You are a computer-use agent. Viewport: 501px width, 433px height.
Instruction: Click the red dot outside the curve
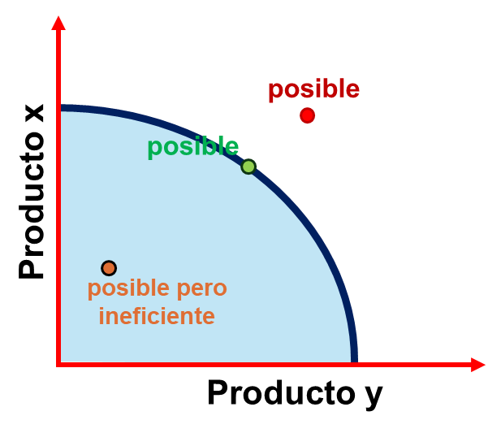(308, 115)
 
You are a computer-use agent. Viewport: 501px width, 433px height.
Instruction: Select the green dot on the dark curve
(248, 167)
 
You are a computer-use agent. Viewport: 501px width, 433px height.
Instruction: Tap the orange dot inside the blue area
(109, 268)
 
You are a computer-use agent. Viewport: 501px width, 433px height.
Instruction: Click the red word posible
(314, 89)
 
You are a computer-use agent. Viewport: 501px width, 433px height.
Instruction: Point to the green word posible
(193, 147)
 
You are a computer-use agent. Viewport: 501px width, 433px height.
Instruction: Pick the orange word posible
(128, 288)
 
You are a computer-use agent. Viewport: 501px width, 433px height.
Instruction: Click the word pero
(201, 289)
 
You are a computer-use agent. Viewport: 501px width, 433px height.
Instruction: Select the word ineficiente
(157, 316)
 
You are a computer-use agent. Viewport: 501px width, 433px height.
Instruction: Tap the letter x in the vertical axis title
(34, 113)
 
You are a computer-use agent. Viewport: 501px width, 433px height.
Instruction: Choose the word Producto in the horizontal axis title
(282, 392)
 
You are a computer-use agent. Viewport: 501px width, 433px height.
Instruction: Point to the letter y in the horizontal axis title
(374, 396)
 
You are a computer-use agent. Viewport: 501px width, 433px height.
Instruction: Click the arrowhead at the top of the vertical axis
(58, 23)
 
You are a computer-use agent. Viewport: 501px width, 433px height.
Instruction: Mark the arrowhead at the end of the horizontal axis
(478, 365)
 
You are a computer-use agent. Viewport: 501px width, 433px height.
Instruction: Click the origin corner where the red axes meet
(58, 365)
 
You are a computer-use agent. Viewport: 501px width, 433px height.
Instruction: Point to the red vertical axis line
(58, 191)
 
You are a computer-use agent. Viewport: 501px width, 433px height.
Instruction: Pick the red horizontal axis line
(271, 365)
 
